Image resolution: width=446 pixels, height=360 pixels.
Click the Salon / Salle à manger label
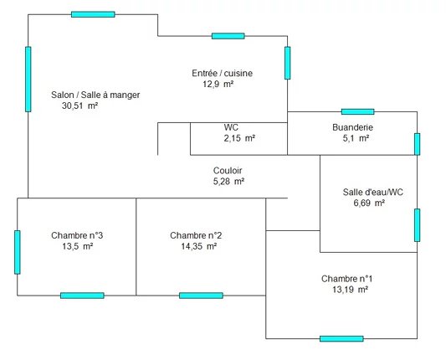[95, 95]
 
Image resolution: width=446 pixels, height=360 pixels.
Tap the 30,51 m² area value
[80, 105]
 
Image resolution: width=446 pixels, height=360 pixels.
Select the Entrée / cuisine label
[222, 73]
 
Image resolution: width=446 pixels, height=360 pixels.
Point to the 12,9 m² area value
[218, 85]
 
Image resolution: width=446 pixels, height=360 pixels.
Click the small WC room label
[231, 127]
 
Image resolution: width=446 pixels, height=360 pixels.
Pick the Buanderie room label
[353, 127]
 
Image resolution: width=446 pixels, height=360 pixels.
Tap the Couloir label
[228, 171]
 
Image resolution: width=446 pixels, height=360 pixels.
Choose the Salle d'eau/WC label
[373, 192]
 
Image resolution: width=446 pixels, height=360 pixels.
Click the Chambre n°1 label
[347, 279]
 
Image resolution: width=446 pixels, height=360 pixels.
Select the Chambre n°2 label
[196, 235]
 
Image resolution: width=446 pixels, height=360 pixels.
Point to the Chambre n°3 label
[77, 235]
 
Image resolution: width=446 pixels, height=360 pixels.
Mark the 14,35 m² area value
[199, 246]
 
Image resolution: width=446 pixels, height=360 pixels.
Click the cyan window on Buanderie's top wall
[357, 111]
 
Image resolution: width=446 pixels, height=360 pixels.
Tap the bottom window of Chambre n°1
[341, 339]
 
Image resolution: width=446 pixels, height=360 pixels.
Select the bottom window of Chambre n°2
[201, 296]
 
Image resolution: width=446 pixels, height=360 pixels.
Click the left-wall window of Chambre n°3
[18, 252]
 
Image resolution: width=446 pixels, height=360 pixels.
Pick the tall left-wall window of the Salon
[28, 79]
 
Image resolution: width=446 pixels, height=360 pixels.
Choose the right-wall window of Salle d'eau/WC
[417, 225]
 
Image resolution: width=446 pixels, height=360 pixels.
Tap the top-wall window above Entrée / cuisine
[228, 36]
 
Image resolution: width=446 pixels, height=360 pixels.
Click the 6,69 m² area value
[369, 203]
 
